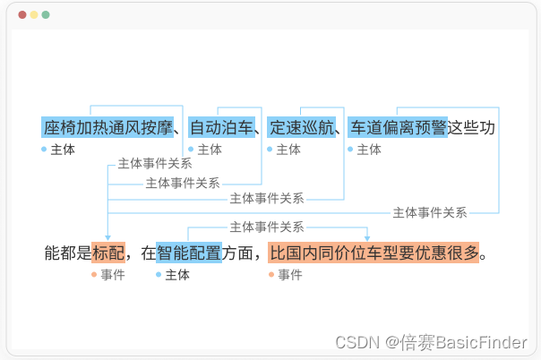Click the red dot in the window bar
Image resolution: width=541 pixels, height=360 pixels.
click(22, 15)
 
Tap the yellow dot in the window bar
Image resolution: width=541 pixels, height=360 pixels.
click(34, 15)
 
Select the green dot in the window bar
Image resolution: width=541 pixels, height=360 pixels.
click(46, 15)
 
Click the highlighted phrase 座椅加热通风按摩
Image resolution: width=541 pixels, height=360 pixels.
click(107, 128)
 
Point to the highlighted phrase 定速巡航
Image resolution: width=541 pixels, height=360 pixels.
click(302, 128)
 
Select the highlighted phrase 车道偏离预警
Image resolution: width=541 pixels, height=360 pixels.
click(398, 128)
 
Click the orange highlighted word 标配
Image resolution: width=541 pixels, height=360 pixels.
click(108, 253)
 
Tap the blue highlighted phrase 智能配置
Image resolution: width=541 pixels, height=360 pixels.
click(189, 253)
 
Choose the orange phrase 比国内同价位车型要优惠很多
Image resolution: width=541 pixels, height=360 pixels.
click(374, 253)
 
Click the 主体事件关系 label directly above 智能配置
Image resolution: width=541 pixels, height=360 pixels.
click(267, 227)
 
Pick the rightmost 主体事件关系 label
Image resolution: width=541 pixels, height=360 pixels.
click(430, 212)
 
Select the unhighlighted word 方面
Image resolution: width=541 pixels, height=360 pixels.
click(239, 253)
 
